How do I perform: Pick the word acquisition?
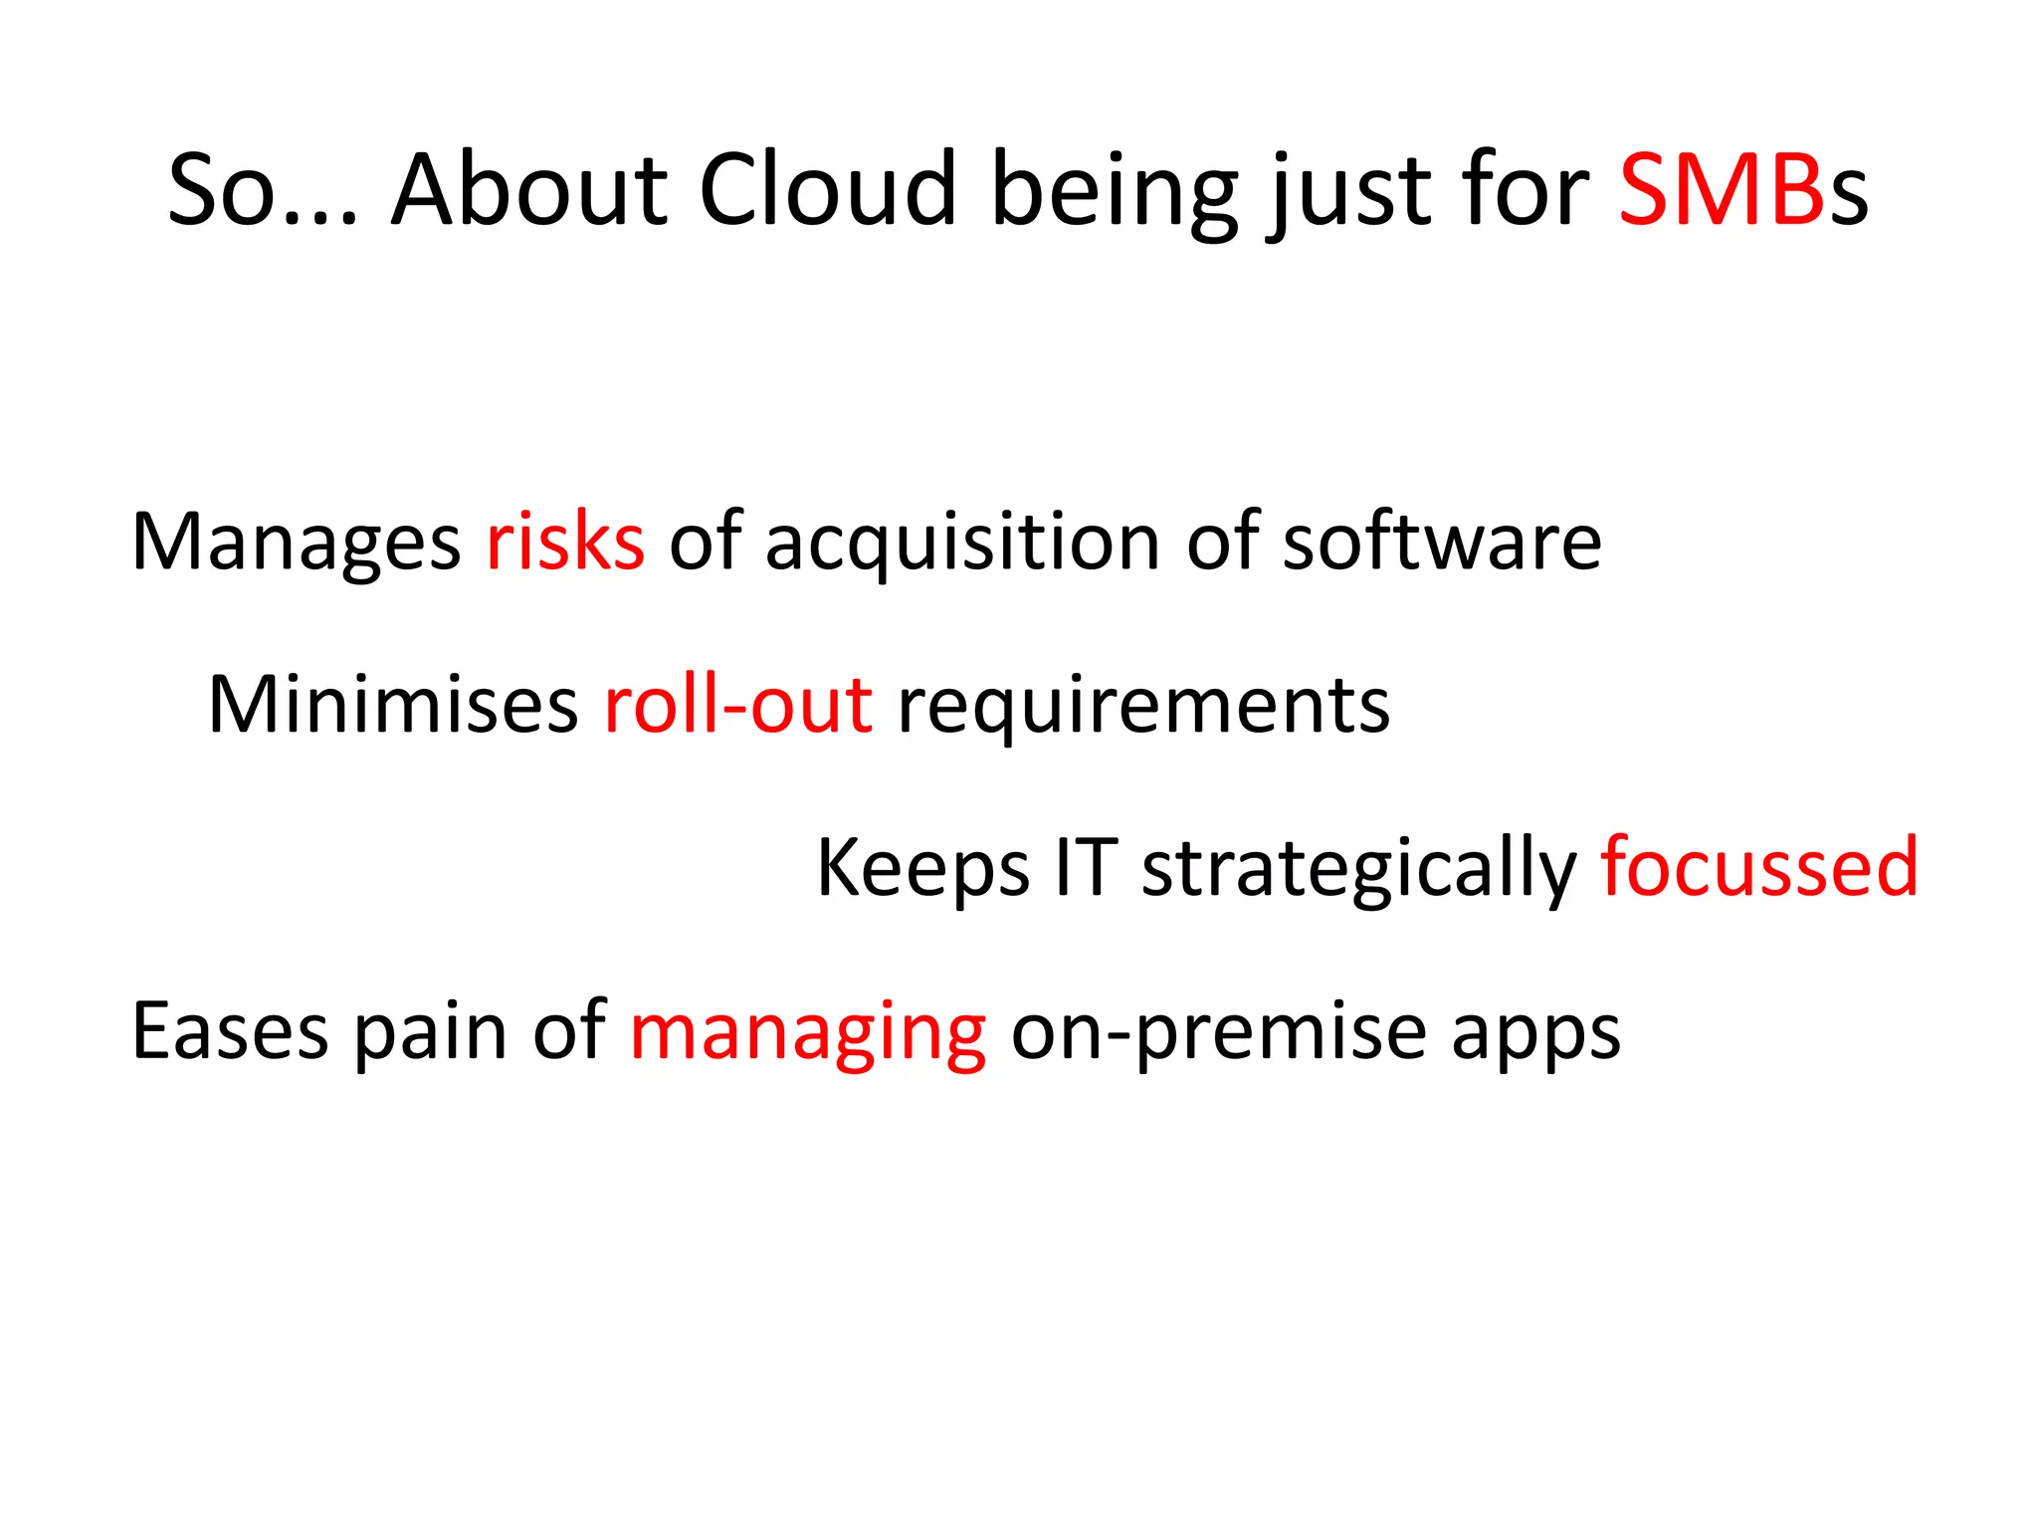962,544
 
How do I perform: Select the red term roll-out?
738,705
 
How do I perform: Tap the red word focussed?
1759,868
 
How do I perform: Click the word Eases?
230,1032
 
